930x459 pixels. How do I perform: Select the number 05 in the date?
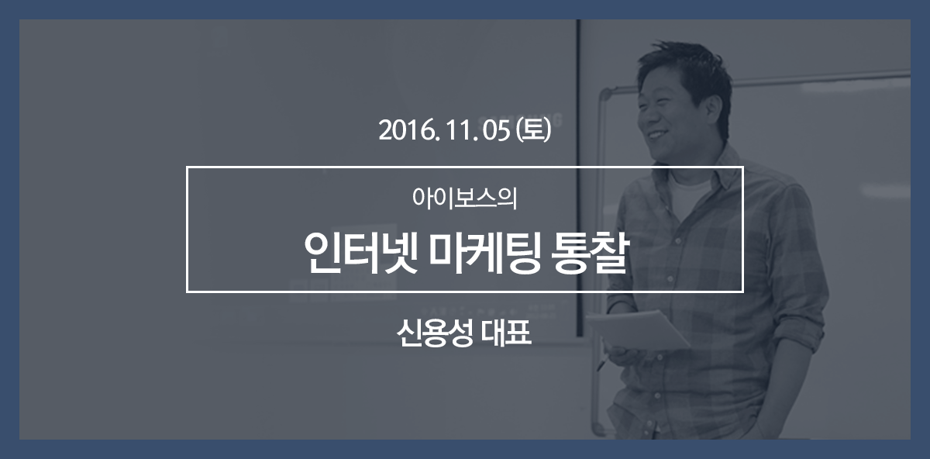pos(496,131)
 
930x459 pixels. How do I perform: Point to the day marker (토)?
pos(533,130)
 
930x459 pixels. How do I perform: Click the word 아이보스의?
pos(464,198)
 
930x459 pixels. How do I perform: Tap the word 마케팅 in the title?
pos(484,252)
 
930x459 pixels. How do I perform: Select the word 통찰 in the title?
pos(589,252)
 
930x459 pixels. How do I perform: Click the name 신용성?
pos(435,333)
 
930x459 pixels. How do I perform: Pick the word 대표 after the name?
pos(507,333)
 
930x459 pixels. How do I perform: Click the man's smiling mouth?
pos(658,135)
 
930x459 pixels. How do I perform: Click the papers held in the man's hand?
pos(637,330)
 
